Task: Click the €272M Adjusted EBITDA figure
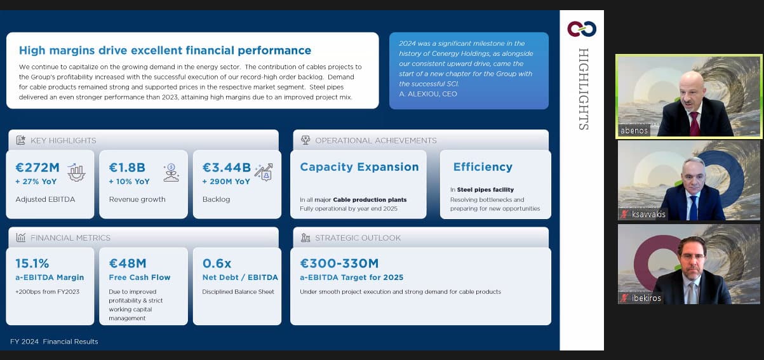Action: pyautogui.click(x=37, y=168)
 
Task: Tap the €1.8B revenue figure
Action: pyautogui.click(x=127, y=168)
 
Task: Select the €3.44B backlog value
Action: pyautogui.click(x=227, y=168)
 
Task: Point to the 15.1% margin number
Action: pyautogui.click(x=32, y=263)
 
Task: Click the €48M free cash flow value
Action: pyautogui.click(x=128, y=263)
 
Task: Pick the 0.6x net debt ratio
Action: pyautogui.click(x=217, y=263)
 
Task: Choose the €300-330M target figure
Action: pyautogui.click(x=339, y=263)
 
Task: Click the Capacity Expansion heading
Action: pyautogui.click(x=359, y=167)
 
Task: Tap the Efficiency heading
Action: pyautogui.click(x=483, y=167)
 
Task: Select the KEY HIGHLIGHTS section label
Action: pyautogui.click(x=64, y=140)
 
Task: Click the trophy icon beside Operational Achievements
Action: pyautogui.click(x=305, y=140)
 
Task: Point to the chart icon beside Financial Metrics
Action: pyautogui.click(x=21, y=237)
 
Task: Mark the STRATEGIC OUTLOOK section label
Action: pyautogui.click(x=358, y=238)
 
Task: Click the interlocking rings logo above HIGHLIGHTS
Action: pyautogui.click(x=582, y=29)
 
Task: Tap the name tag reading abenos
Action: pyautogui.click(x=634, y=131)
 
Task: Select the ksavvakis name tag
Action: pyautogui.click(x=648, y=214)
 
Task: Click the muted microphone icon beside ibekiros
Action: pyautogui.click(x=624, y=298)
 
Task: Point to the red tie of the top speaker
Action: pyautogui.click(x=694, y=124)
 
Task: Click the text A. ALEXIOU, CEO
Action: pyautogui.click(x=428, y=94)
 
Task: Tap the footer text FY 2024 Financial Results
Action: pyautogui.click(x=54, y=342)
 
